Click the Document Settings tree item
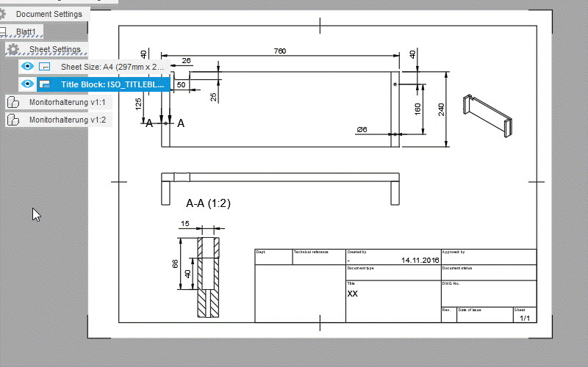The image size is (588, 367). coord(49,14)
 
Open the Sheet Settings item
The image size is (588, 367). coord(54,49)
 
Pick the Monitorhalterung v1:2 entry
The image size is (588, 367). coord(67,120)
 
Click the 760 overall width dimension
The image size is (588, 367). coord(280,51)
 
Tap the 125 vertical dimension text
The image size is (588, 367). coord(138,103)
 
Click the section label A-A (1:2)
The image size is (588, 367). coord(208,203)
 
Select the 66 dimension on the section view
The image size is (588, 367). coord(175,264)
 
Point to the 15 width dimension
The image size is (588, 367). coord(184,224)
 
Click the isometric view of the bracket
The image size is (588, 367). coord(487,115)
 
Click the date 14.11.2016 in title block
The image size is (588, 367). coord(420,261)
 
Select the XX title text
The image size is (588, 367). coord(353,293)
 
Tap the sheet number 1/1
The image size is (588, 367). coord(525,319)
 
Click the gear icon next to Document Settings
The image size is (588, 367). coord(4,14)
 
